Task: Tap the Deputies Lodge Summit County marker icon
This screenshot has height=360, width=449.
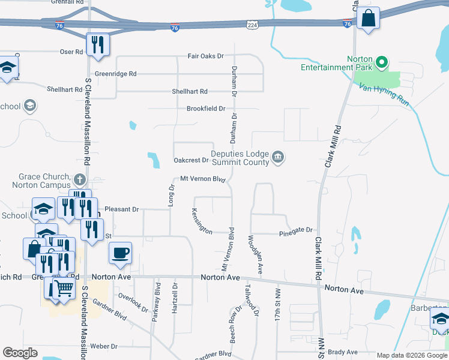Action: [x=277, y=157]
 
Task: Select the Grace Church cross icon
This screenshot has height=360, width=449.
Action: [x=79, y=179]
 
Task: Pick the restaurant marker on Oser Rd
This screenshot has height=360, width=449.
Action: [x=97, y=44]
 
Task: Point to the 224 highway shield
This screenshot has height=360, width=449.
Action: [x=252, y=23]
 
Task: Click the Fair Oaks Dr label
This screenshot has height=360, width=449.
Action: [x=205, y=56]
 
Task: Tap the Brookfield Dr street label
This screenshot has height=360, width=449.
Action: [x=205, y=109]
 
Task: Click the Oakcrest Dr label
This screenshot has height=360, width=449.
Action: [x=190, y=160]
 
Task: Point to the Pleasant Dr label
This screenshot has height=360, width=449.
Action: [x=121, y=209]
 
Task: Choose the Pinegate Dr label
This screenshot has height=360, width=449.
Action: [x=296, y=230]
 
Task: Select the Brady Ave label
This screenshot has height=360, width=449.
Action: [x=343, y=352]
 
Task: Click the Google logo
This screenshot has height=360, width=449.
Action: [x=20, y=353]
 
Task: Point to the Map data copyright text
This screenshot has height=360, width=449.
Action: [x=411, y=355]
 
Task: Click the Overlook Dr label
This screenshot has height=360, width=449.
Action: [x=133, y=302]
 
